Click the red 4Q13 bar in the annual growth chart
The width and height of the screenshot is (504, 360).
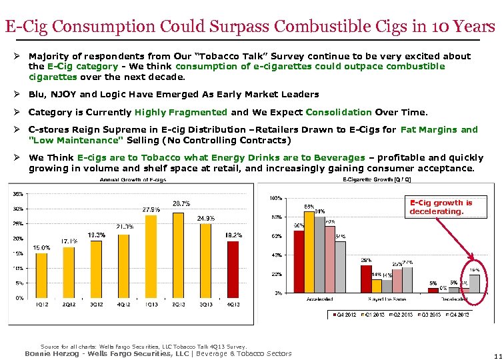[233, 269]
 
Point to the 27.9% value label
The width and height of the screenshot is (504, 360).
[151, 209]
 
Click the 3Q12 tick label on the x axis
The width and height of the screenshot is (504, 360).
[96, 305]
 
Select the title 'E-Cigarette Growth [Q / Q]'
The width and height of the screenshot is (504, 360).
[373, 179]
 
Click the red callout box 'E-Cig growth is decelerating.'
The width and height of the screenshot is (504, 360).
[441, 207]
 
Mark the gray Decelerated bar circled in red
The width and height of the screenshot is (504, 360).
[474, 283]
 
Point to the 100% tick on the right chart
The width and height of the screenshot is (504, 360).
[273, 198]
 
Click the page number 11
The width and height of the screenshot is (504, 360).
[497, 355]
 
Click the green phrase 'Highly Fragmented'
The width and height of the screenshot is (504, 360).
[181, 112]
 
